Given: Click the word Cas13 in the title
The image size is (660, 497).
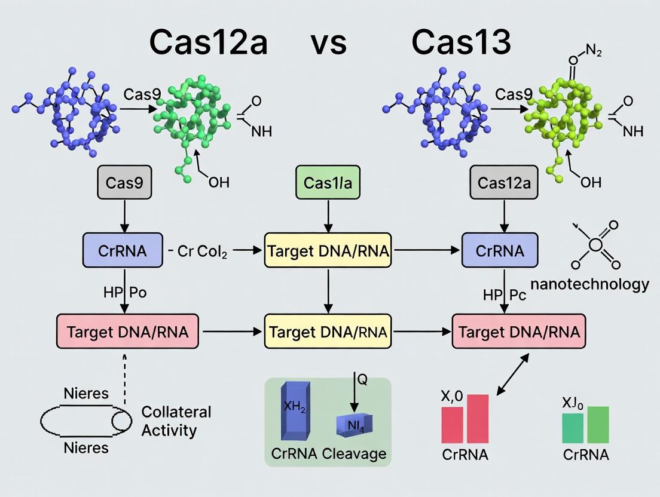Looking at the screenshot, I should [x=461, y=42].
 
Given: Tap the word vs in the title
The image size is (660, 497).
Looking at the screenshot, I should [x=329, y=43].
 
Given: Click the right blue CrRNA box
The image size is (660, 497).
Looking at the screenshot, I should [x=500, y=250].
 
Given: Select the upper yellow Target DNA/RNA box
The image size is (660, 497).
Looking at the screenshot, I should [x=328, y=250].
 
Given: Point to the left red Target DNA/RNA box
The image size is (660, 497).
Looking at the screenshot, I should [x=129, y=331].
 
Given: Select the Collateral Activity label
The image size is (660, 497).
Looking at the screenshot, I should [x=176, y=421].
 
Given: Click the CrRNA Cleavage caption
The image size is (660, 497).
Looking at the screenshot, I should [x=328, y=454].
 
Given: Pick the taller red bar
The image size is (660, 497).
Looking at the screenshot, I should [x=478, y=418].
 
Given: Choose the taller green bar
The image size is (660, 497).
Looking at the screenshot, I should [x=598, y=424].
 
